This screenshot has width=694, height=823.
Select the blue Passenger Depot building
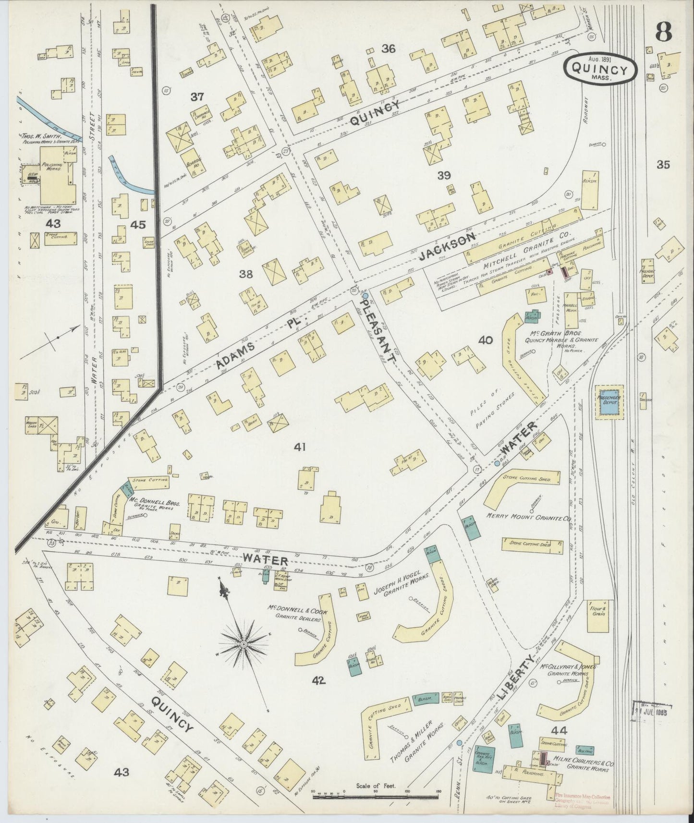609,402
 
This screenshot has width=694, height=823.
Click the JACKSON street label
447,246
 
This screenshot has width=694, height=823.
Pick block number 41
300,448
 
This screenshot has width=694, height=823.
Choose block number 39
444,176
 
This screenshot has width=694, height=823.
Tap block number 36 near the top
388,48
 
